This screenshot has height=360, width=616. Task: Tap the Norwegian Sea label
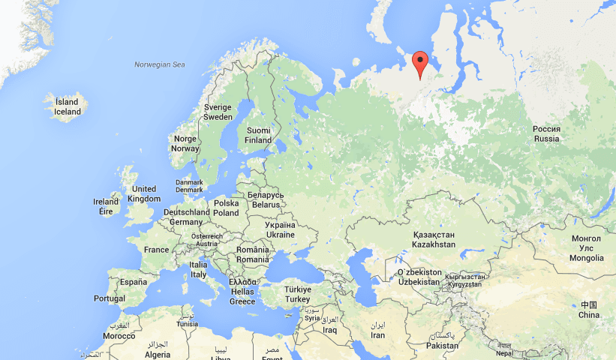159,64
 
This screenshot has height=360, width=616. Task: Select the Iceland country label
67,107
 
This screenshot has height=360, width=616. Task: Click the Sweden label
218,112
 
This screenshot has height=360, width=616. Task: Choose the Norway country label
185,143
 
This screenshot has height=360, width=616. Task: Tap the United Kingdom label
144,193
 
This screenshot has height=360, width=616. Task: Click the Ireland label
106,206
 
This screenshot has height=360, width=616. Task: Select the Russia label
546,133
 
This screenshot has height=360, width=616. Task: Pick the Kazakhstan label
434,239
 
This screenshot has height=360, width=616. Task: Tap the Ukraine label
281,229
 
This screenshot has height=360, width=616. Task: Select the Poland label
226,208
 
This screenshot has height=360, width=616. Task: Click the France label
156,250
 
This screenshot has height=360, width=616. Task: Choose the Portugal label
110,298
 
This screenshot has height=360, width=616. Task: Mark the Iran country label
377,330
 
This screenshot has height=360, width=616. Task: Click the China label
589,309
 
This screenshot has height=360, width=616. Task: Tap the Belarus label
266,199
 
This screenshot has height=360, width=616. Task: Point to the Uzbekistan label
419,276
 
